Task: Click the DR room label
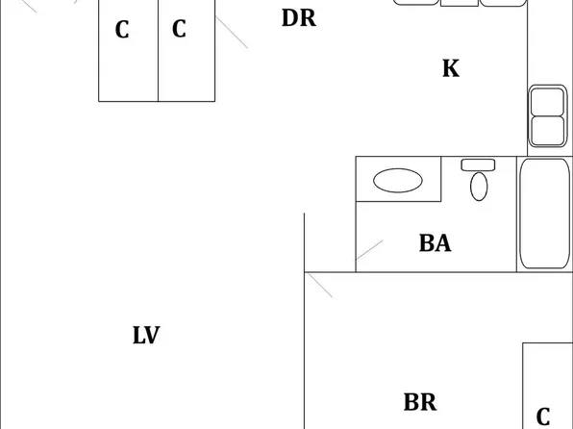pos(299,18)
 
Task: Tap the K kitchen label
pos(451,68)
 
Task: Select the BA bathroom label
pos(435,243)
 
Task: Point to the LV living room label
pos(146,335)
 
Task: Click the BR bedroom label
pos(420,402)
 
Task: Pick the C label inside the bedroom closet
pos(543,416)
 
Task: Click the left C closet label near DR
pos(122,30)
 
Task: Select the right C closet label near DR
pos(179,29)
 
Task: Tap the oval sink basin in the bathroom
pos(398,180)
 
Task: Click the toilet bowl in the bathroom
pos(479,187)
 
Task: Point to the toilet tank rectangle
pos(478,164)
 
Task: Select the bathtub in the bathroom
pos(544,214)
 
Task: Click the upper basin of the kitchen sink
pos(547,102)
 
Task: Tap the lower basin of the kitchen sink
pos(547,131)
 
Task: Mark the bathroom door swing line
pos(369,250)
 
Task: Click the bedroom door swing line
pos(320,286)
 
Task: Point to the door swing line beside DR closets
pos(232,32)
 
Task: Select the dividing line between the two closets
pos(158,50)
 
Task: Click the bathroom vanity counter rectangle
pos(398,179)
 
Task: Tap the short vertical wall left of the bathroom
pos(304,242)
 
